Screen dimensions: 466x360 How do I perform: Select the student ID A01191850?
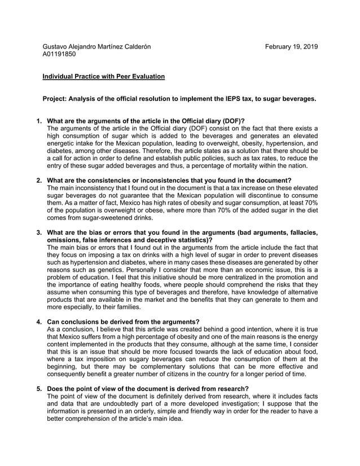(59, 54)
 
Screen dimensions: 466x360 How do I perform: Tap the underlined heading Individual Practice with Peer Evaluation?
(104, 76)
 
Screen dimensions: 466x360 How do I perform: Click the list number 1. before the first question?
(39, 121)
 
